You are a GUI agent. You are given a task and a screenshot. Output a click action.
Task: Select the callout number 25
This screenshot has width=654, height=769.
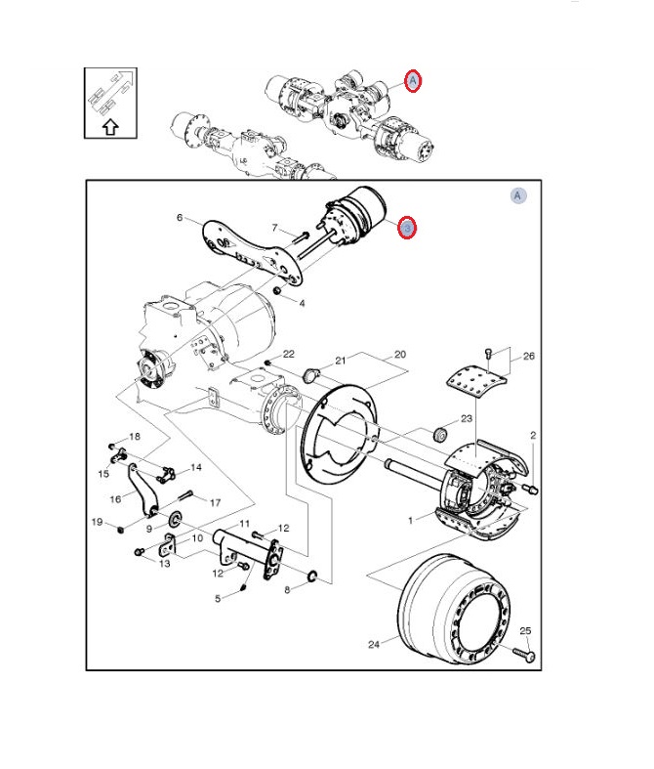(524, 630)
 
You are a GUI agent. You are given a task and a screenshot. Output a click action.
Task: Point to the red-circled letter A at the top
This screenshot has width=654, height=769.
(413, 81)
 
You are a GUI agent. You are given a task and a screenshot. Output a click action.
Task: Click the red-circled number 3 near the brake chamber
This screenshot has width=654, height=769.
(408, 228)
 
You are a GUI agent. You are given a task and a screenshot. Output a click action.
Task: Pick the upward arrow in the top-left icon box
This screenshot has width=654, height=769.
(109, 126)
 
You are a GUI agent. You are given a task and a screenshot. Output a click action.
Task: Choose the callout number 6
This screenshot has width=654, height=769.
(180, 217)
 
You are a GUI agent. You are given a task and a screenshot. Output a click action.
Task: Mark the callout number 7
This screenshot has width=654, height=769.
(275, 228)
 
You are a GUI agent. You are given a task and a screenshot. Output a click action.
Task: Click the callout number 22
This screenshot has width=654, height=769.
(289, 354)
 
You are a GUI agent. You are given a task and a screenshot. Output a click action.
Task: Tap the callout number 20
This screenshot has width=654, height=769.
(400, 354)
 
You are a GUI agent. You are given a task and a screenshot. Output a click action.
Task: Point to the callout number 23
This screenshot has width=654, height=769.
(467, 418)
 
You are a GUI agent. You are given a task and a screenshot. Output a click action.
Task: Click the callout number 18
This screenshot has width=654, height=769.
(135, 436)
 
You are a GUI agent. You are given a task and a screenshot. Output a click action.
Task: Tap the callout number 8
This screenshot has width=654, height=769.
(287, 589)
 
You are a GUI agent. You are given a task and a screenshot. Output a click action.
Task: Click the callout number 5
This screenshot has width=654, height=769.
(218, 598)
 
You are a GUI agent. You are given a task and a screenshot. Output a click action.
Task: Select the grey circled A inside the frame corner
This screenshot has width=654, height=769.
(518, 195)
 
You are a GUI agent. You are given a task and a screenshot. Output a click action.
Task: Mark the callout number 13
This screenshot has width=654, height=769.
(164, 563)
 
